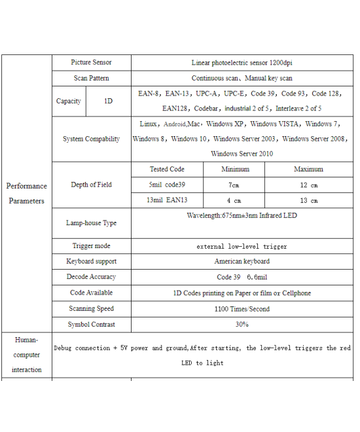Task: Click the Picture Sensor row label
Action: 91,63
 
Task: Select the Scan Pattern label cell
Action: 91,79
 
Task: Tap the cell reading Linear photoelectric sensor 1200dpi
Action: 242,63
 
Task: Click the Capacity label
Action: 69,101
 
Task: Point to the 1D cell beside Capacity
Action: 108,101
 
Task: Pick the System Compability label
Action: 91,139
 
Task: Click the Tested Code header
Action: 167,170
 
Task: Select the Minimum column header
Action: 234,170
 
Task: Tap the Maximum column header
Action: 308,170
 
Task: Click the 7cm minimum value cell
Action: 234,185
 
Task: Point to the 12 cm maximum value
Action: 308,185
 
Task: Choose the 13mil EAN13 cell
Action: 167,200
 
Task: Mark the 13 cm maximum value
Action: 308,200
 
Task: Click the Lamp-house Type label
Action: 91,223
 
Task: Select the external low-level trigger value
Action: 242,247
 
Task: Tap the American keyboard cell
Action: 242,262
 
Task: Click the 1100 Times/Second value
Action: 242,309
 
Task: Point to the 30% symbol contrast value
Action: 242,325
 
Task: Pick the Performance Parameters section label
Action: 27,194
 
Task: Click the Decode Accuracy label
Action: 91,278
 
